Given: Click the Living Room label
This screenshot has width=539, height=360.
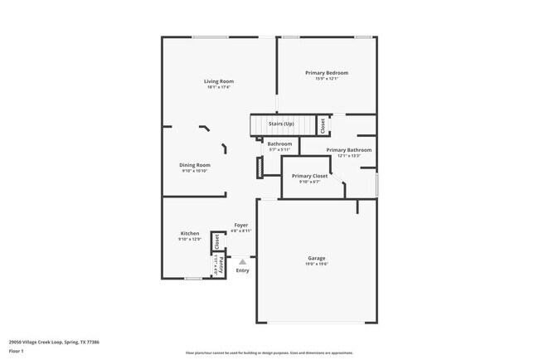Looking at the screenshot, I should [x=220, y=81].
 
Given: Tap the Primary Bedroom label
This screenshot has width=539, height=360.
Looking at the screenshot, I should [x=326, y=73].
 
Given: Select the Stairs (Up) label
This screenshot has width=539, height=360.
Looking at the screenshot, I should [x=281, y=124].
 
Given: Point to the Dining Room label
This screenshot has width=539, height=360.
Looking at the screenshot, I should [x=195, y=165].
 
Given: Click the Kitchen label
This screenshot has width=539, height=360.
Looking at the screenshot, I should [x=190, y=234].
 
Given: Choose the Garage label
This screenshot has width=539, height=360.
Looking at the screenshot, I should [x=318, y=258].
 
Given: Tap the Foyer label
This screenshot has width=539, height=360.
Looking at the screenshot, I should [x=241, y=225].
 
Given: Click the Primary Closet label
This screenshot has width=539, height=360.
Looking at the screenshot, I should [x=309, y=176].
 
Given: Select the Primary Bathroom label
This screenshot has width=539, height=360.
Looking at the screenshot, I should [x=348, y=150].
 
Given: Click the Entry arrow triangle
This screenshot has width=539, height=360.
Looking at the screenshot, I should [x=242, y=260].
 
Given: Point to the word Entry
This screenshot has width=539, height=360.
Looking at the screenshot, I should [x=242, y=270].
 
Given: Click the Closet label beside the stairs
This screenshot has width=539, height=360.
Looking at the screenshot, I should [x=323, y=125].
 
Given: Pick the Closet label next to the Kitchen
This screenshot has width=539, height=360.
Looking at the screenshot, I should [x=216, y=241].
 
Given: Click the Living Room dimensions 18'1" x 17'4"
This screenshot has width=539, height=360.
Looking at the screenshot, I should [x=220, y=87].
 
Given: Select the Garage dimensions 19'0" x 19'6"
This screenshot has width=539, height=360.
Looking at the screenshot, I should [x=318, y=264].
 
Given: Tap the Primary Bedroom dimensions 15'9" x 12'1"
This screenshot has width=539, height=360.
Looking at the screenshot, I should [x=326, y=79].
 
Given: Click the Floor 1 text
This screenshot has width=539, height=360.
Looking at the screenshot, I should [x=16, y=351].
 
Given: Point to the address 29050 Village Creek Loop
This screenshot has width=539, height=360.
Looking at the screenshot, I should [x=41, y=340].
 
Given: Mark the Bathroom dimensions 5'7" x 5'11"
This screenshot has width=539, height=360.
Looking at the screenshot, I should [x=279, y=149].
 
